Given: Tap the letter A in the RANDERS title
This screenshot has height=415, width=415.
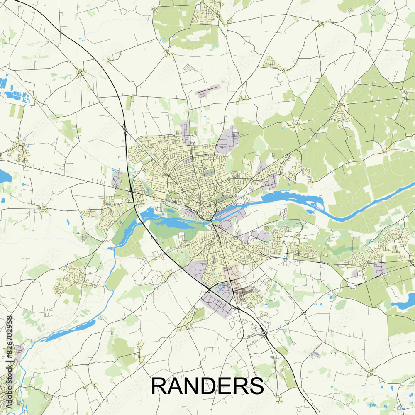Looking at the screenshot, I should tap(175, 386).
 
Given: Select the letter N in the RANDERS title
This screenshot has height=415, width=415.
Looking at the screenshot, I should tap(191, 386).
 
